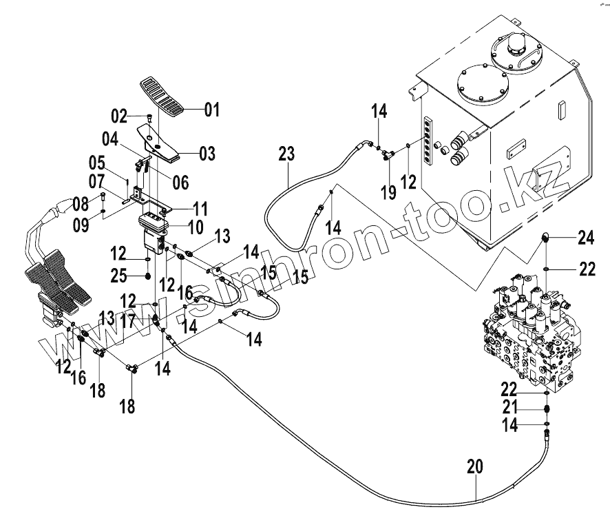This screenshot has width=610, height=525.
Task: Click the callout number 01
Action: pos(211,109)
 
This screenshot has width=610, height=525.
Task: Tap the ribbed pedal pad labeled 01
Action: pos(164,96)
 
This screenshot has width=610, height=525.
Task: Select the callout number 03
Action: pos(206,152)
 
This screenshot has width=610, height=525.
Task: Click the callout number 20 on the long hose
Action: pos(475,468)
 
